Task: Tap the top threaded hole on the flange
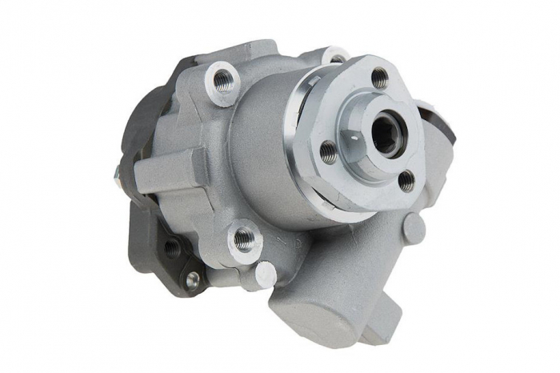point(379,78)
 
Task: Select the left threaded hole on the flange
point(328,151)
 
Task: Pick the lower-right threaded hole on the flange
point(406,181)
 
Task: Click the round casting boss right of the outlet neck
point(413,230)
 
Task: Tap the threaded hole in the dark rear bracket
point(172,248)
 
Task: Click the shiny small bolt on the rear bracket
point(192,279)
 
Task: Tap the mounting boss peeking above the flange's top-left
point(335,56)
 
